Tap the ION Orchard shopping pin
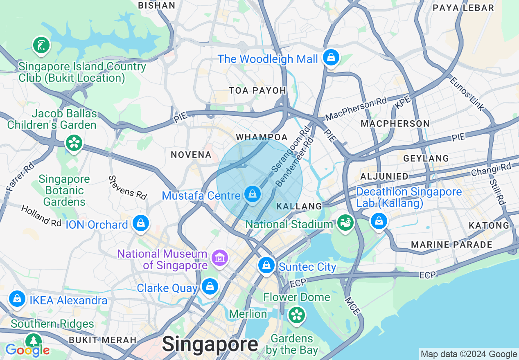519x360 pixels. pyautogui.click(x=141, y=223)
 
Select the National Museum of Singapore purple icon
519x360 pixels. pyautogui.click(x=220, y=258)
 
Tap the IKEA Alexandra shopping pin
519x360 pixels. pyautogui.click(x=18, y=299)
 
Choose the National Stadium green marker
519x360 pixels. pyautogui.click(x=346, y=223)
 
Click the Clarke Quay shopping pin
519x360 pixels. pyautogui.click(x=210, y=286)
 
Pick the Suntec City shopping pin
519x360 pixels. pyautogui.click(x=266, y=265)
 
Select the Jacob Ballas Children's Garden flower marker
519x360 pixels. pyautogui.click(x=74, y=143)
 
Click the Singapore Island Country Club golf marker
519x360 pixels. pyautogui.click(x=41, y=45)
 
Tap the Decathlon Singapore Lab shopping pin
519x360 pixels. pyautogui.click(x=379, y=221)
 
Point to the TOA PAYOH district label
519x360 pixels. pyautogui.click(x=257, y=90)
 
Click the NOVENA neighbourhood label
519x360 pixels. pyautogui.click(x=191, y=155)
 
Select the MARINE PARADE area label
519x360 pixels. pyautogui.click(x=451, y=245)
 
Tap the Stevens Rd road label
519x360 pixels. pyautogui.click(x=128, y=187)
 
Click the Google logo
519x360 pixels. pyautogui.click(x=27, y=350)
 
